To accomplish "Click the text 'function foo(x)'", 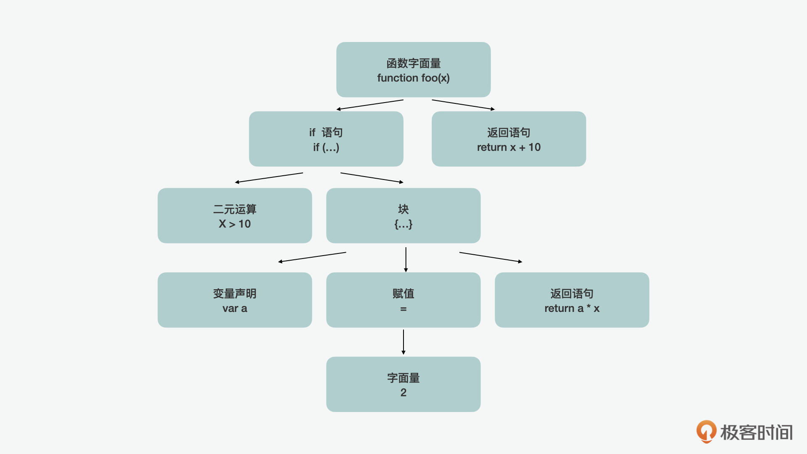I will tap(413, 78).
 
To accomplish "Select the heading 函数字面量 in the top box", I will tap(413, 63).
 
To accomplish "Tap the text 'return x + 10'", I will tap(509, 148).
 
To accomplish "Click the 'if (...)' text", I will tap(326, 148).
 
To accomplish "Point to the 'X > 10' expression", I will tap(235, 224).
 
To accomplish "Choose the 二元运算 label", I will tap(235, 209).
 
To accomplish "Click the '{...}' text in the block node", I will tap(403, 224).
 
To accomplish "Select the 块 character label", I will tap(403, 209).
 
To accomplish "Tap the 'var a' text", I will tap(235, 309).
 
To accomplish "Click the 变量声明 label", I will tap(235, 294).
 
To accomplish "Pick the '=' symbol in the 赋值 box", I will tap(403, 309).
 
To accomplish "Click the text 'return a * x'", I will tap(572, 309).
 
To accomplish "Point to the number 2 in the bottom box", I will tap(403, 393).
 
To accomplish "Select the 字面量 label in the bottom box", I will tap(403, 378).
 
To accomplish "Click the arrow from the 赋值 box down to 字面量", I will tap(403, 342).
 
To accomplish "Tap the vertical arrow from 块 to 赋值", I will tap(406, 259).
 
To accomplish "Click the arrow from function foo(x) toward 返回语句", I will tap(463, 105).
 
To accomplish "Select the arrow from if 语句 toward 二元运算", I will tap(269, 177).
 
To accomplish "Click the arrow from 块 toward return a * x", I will tap(491, 257).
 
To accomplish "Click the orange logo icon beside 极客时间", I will tap(706, 431).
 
